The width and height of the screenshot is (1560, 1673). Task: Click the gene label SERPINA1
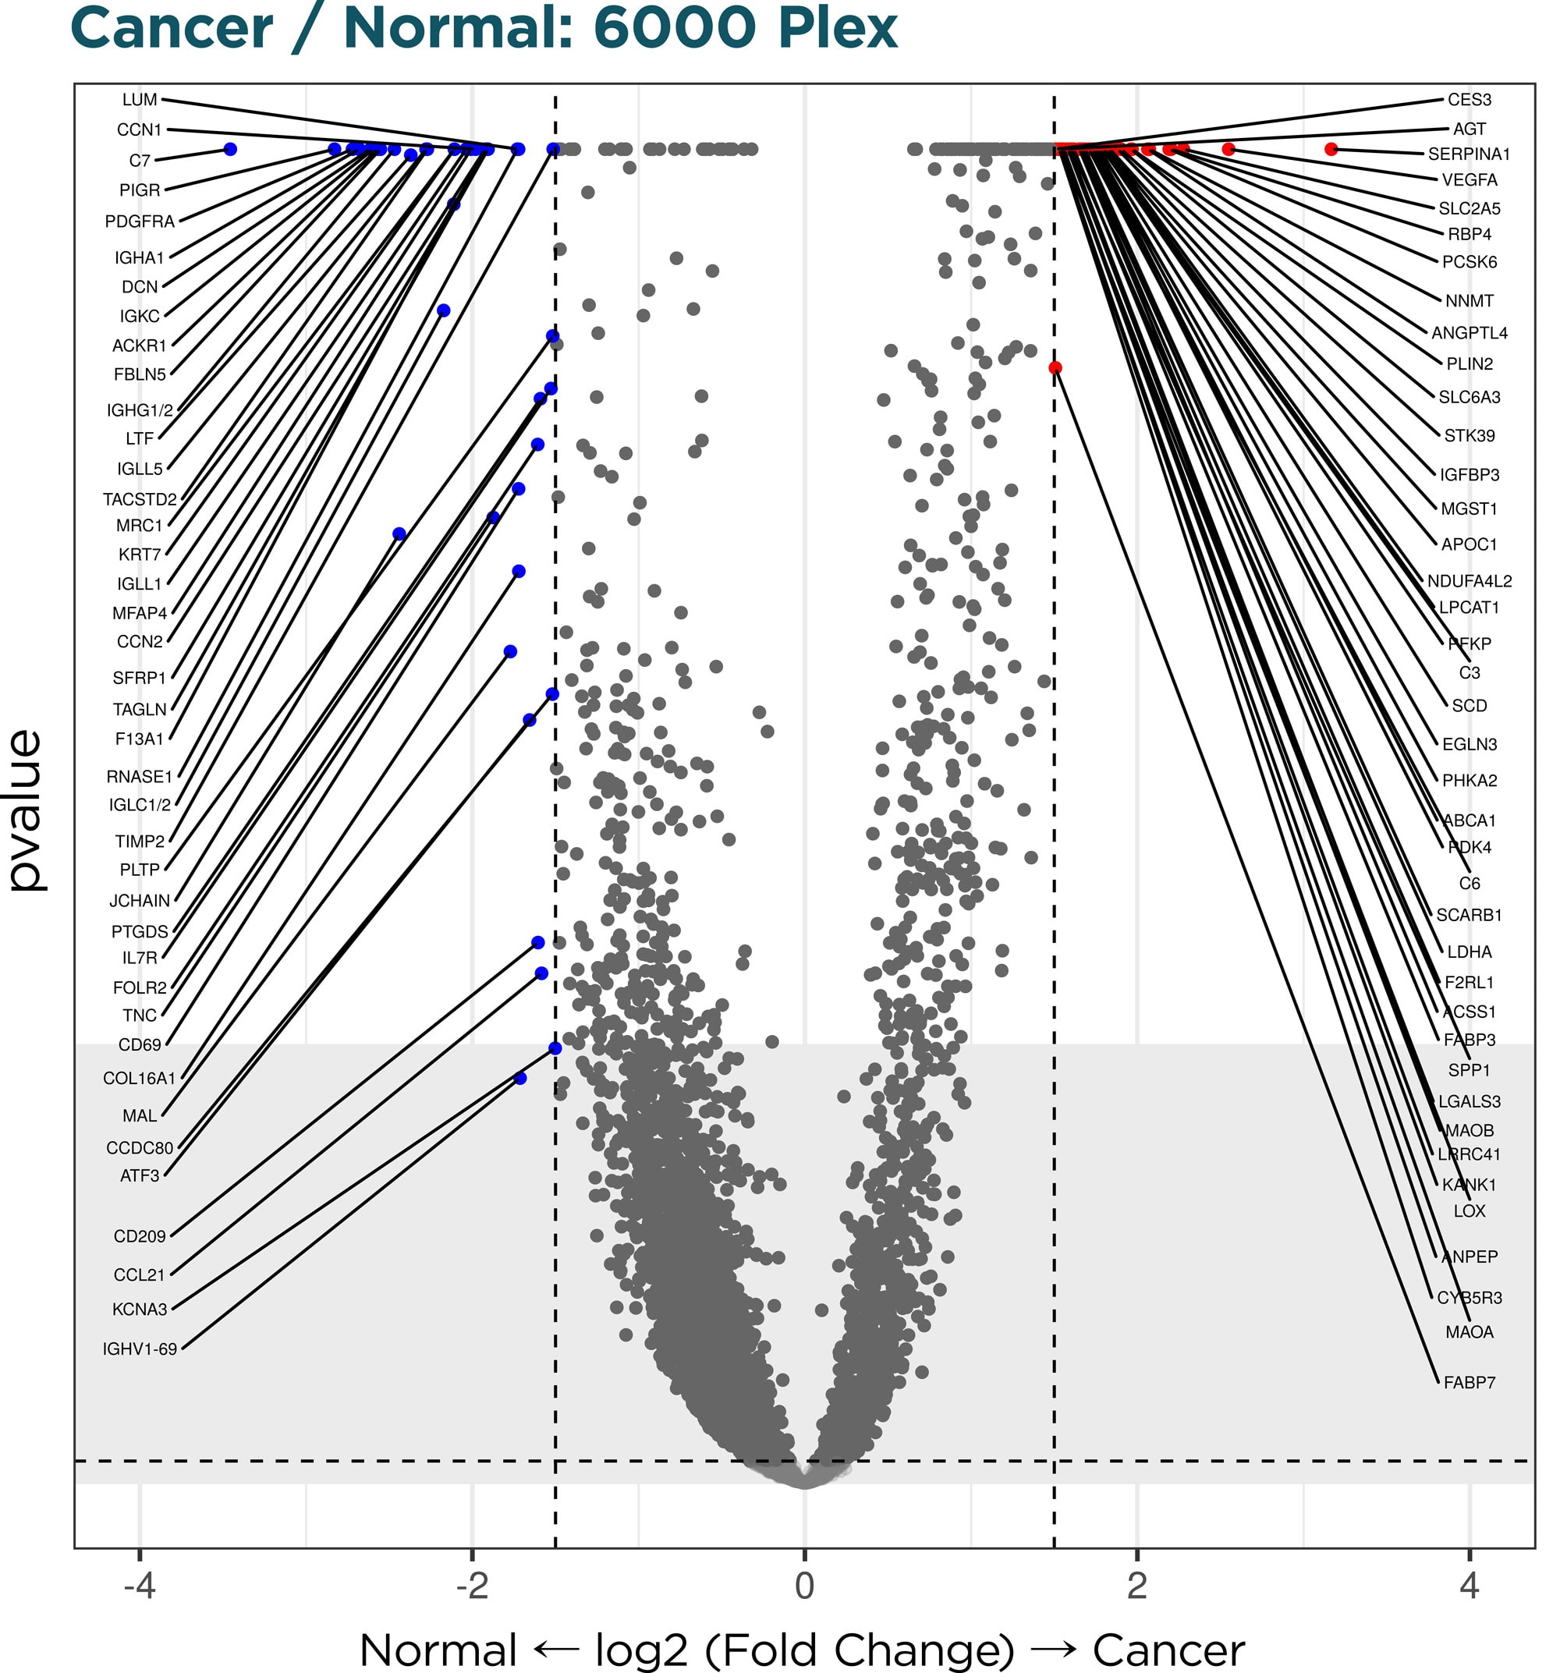[x=1468, y=154]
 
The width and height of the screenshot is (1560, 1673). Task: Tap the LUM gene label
[x=140, y=99]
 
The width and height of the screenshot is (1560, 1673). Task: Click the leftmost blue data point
[x=229, y=149]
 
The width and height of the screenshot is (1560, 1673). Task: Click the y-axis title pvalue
[x=25, y=810]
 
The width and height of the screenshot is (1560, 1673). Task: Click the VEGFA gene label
[x=1469, y=180]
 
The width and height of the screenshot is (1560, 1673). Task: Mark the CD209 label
[x=140, y=1236]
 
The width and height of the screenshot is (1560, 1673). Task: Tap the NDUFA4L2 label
[x=1469, y=580]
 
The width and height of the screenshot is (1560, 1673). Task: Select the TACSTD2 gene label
[x=140, y=499]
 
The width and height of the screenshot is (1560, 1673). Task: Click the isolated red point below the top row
[x=1055, y=368]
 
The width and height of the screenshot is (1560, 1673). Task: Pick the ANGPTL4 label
[x=1469, y=333]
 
